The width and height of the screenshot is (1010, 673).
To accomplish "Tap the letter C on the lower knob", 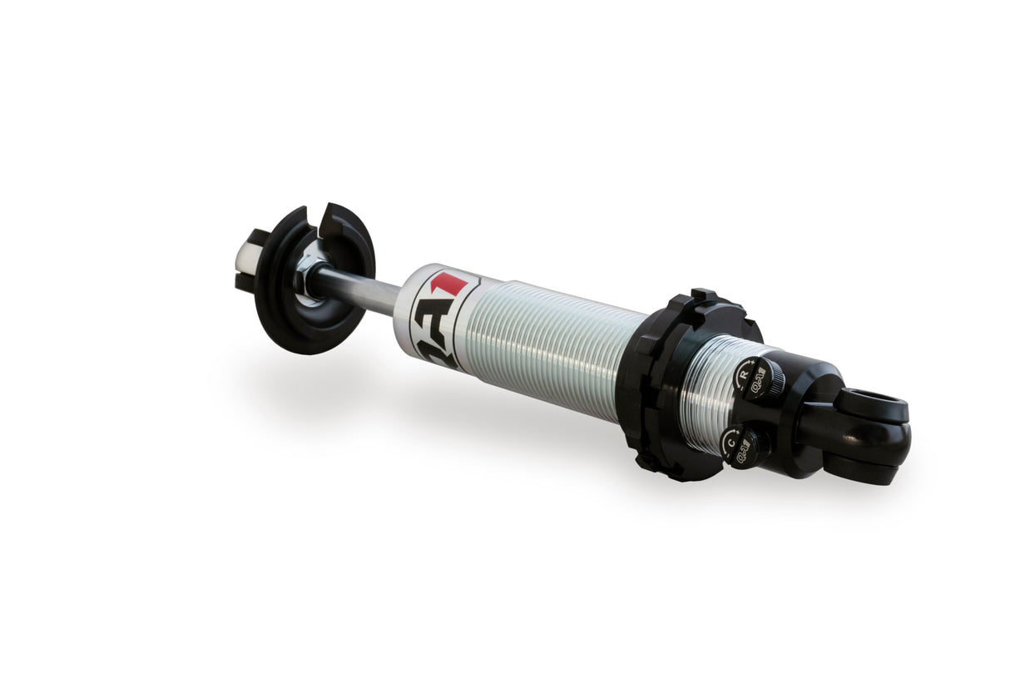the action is (x=730, y=443).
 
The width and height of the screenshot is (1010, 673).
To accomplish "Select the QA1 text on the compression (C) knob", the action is (x=744, y=454).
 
